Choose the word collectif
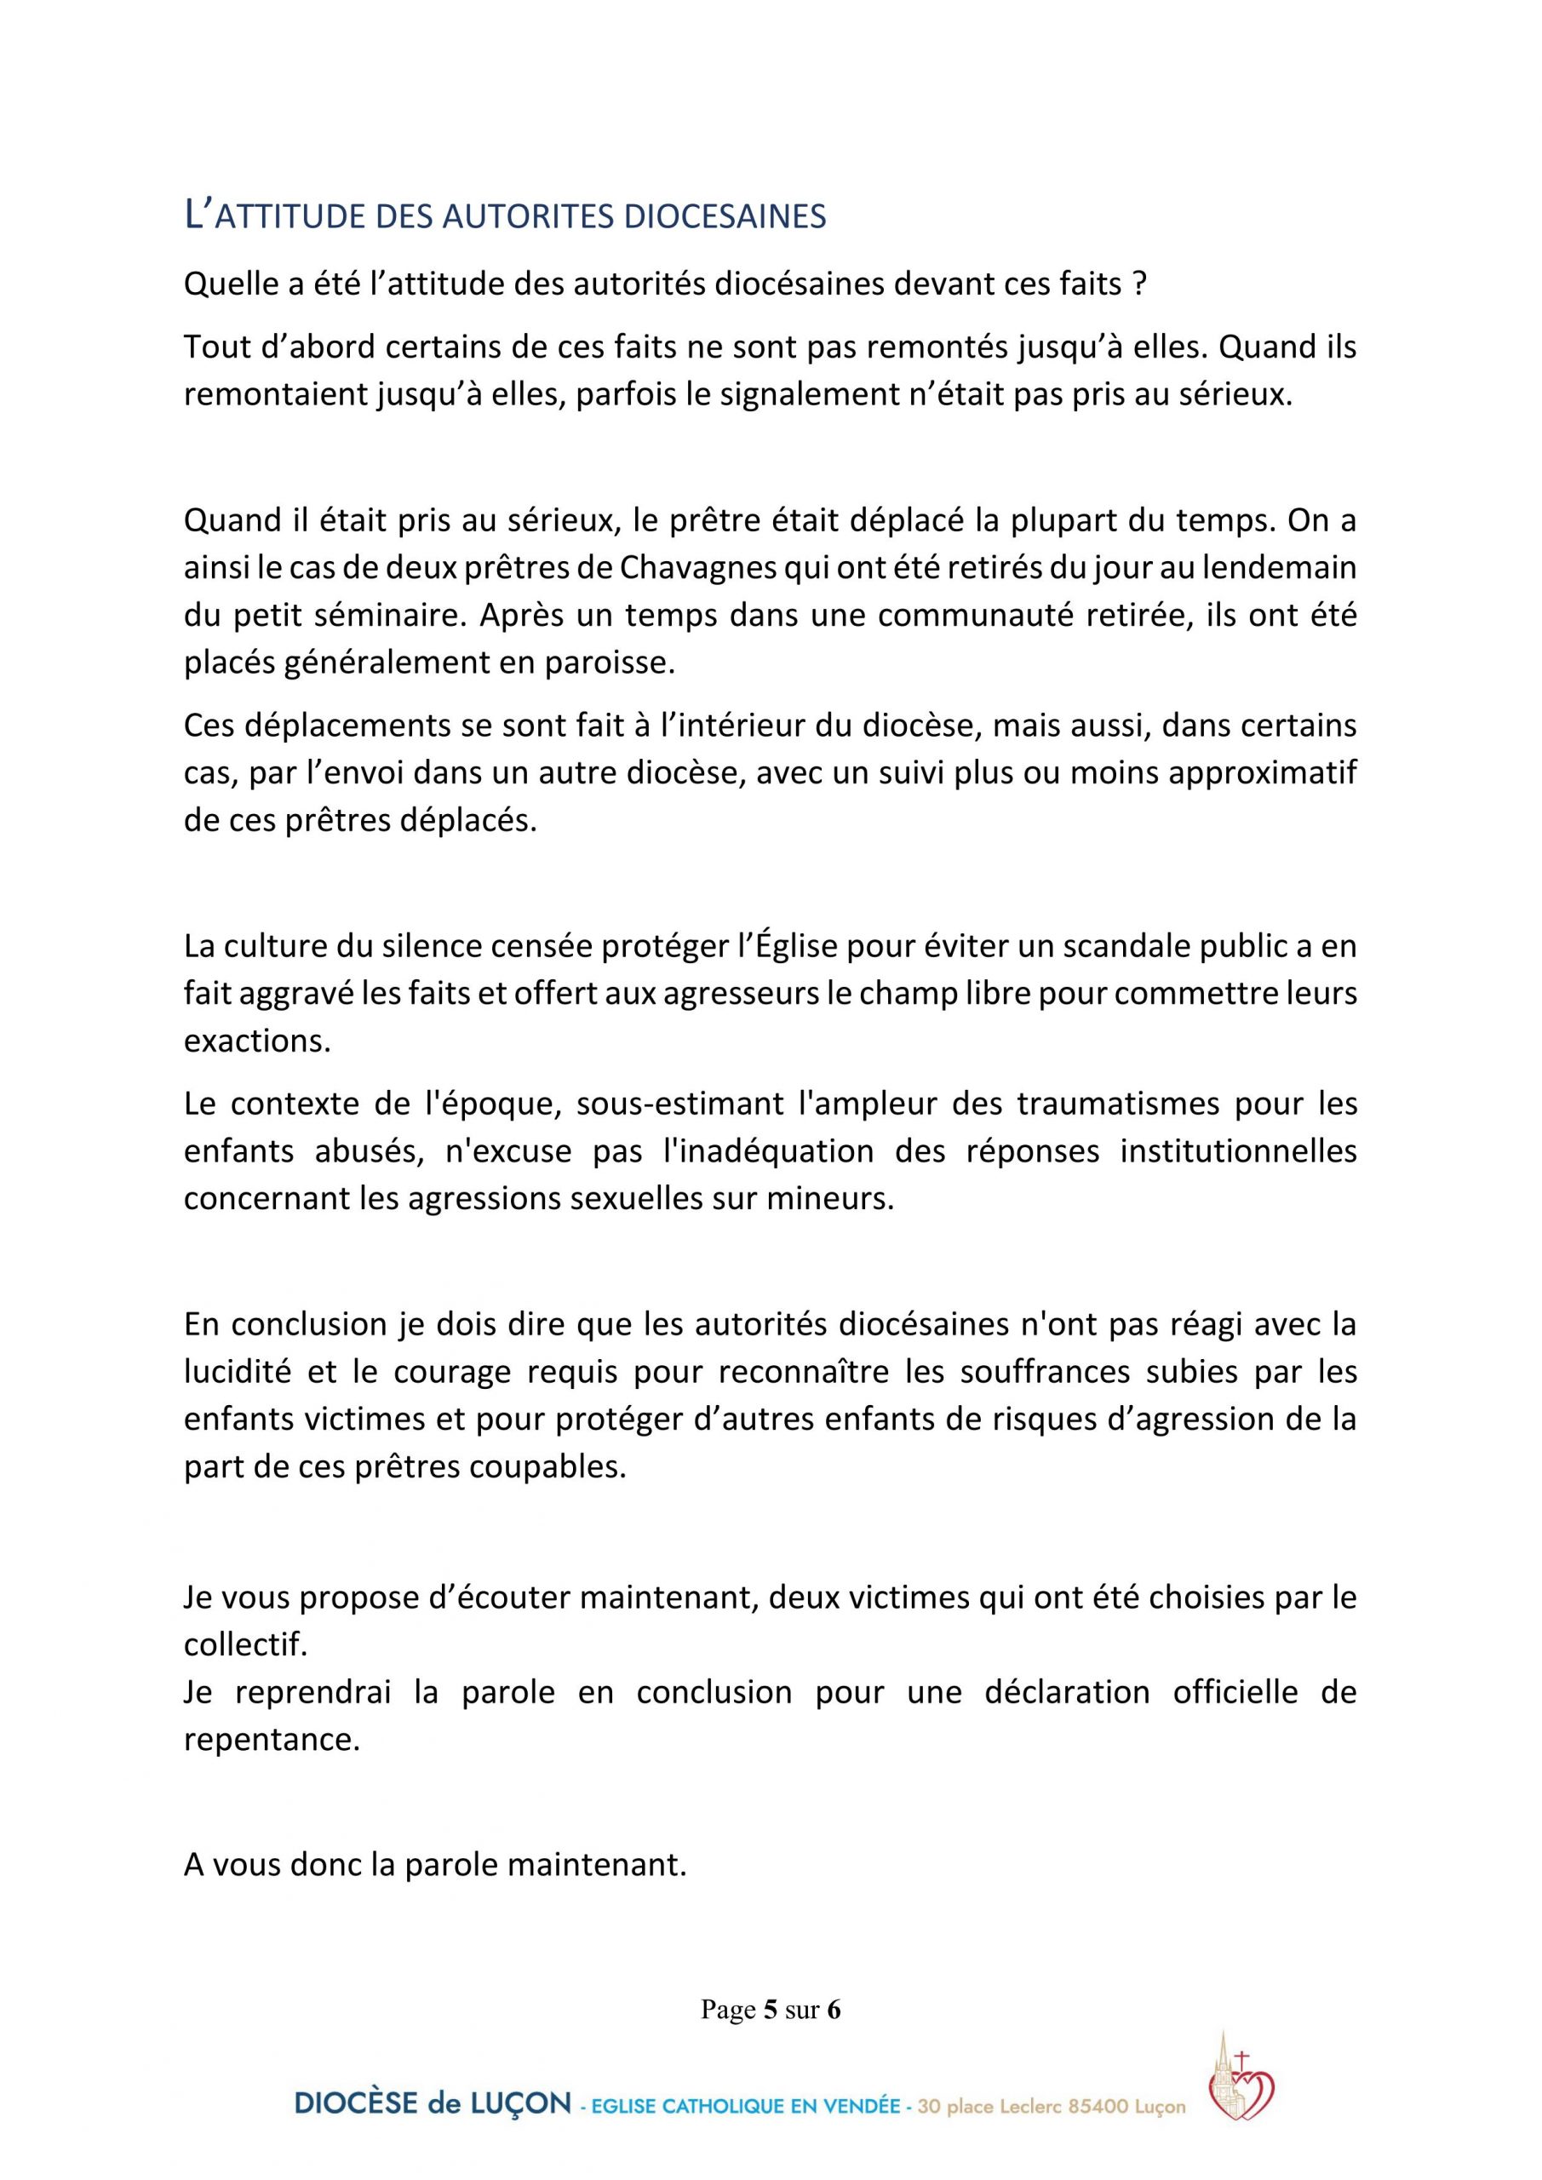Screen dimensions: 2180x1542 (x=246, y=1644)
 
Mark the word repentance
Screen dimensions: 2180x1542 (x=272, y=1740)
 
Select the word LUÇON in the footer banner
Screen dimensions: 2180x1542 (x=520, y=2103)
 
